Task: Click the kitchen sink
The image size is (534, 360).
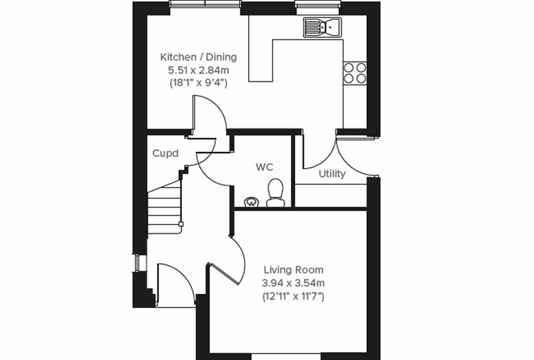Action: pos(323,27)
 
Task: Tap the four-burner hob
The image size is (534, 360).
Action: pos(355,73)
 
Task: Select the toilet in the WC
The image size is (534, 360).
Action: pos(275,193)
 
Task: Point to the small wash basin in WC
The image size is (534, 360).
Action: pos(252,202)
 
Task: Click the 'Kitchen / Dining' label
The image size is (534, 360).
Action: pos(199,57)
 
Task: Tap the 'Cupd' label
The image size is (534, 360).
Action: pos(165,153)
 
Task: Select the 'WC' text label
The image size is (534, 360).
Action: pos(264,167)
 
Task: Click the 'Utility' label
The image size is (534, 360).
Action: pos(332,174)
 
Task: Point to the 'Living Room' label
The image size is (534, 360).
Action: pos(294,270)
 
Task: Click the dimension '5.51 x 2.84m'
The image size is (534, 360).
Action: pos(199,70)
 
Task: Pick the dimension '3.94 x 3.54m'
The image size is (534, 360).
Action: pos(293,283)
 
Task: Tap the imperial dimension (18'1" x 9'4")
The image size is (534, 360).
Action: pos(199,83)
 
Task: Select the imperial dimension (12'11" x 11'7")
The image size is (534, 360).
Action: pos(293,296)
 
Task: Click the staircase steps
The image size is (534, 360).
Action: pos(164,208)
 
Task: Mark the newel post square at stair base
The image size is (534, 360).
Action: pos(181,224)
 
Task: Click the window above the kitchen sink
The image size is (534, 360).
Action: pos(318,4)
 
